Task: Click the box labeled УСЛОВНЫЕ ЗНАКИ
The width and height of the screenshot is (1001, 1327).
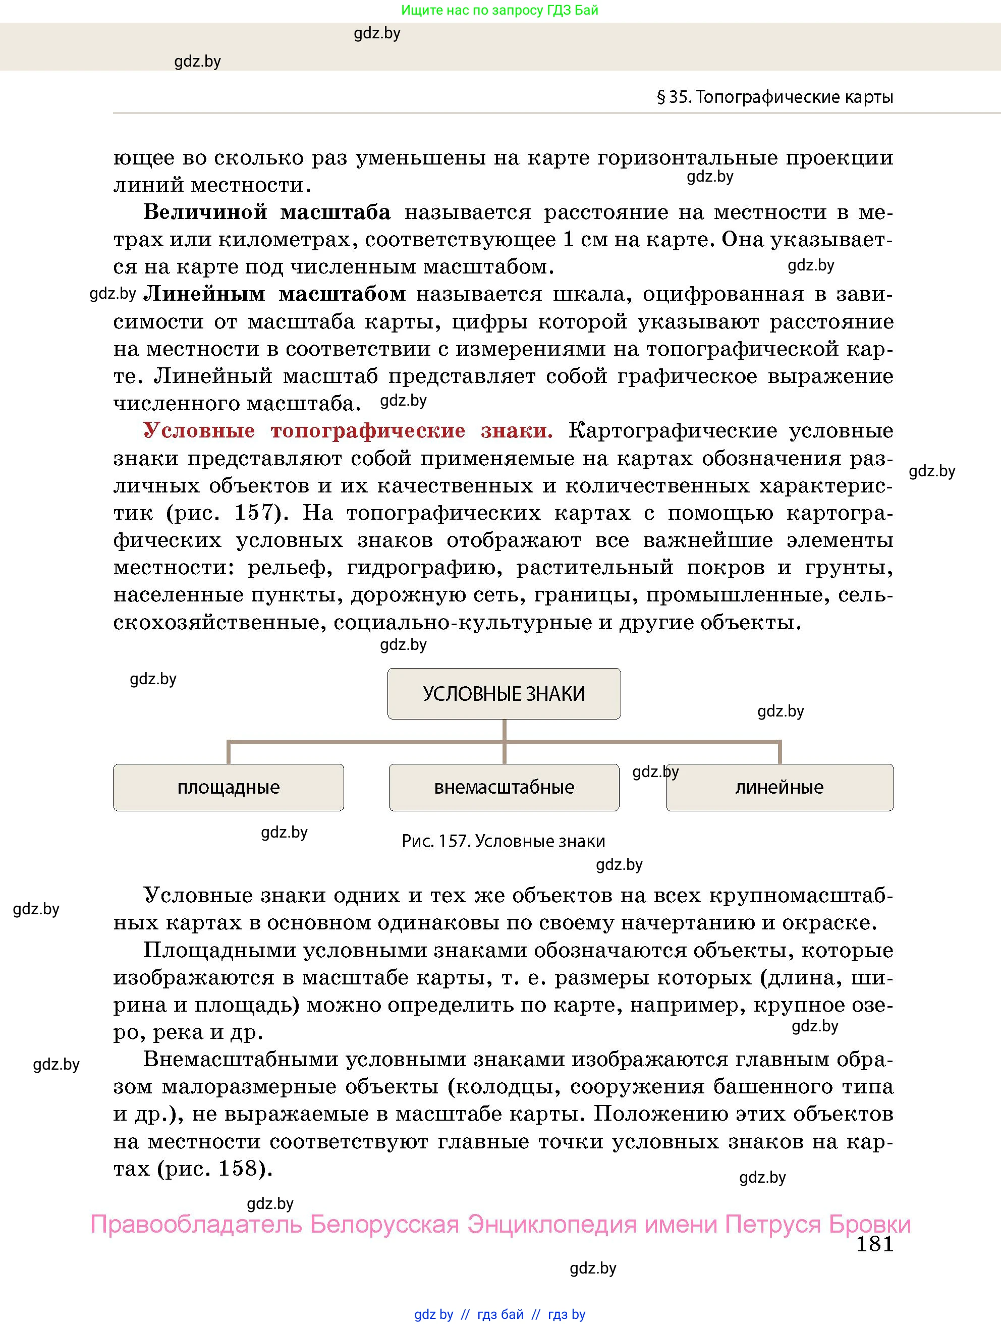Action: pos(504,693)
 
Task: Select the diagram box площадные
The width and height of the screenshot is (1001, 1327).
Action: pos(229,787)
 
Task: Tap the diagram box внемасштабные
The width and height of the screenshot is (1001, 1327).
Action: pos(504,787)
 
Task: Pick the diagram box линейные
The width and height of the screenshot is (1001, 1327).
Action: pos(779,787)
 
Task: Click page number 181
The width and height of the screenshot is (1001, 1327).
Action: pos(874,1244)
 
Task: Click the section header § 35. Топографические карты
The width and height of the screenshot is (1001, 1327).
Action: pos(775,97)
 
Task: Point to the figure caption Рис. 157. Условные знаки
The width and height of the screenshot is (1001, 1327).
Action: pos(503,841)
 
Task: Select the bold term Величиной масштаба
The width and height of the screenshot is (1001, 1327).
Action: pos(267,212)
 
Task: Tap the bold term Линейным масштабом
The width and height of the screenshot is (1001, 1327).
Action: pos(274,294)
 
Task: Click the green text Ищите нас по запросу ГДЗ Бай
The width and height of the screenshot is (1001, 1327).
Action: pos(499,10)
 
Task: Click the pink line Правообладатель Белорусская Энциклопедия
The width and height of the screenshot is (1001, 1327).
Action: pos(500,1224)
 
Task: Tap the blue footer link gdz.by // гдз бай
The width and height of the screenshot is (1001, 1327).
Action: pos(499,1314)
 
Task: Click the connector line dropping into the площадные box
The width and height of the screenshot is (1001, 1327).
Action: pos(229,752)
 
